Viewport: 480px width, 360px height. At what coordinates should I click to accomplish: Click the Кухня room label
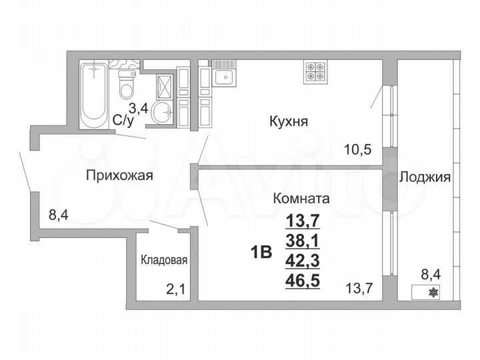tap(288, 122)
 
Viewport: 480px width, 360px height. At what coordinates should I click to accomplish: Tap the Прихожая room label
tap(120, 176)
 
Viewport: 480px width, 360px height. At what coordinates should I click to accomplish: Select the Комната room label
tap(301, 198)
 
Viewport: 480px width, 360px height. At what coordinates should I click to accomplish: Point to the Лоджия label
tap(425, 177)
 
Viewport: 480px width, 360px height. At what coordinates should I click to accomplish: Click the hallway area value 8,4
tap(59, 215)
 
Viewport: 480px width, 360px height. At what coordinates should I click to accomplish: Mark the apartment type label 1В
tap(261, 253)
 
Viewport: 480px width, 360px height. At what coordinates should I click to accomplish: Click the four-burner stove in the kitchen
tap(315, 71)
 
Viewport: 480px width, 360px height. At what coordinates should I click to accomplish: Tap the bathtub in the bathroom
tap(95, 95)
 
